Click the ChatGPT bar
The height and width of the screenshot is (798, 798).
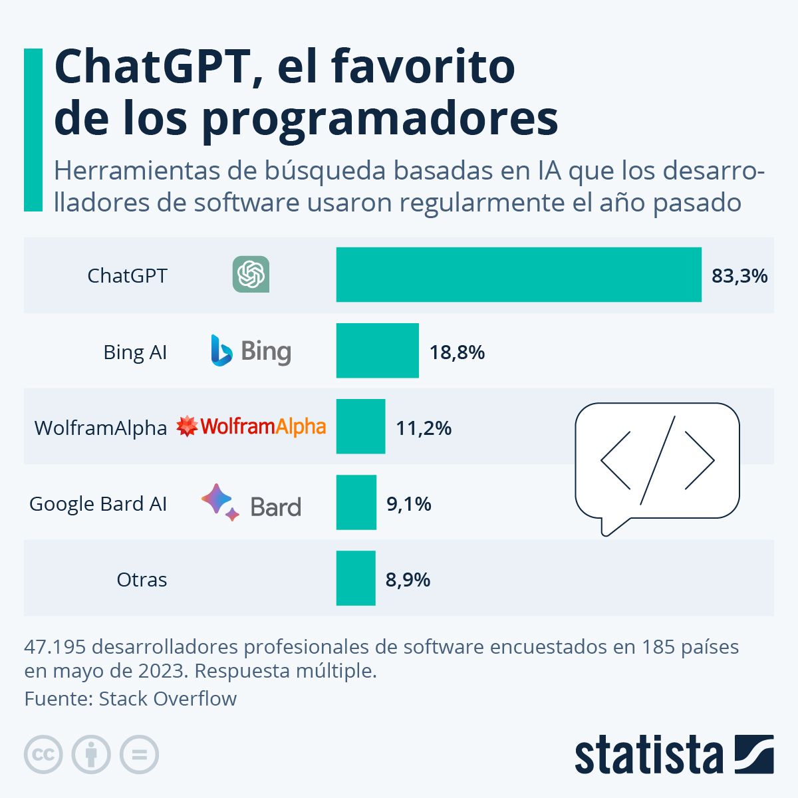pos(519,275)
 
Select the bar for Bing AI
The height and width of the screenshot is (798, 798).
pos(377,350)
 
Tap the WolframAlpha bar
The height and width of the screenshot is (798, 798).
pos(360,426)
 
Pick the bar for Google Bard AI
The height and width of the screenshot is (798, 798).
pos(356,502)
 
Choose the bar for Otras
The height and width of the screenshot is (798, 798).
pos(355,578)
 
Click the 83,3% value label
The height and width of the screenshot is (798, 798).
pos(739,275)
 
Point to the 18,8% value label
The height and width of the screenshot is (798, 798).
pos(457,352)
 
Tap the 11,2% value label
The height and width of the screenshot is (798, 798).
pos(424,428)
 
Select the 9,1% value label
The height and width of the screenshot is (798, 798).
pos(408,503)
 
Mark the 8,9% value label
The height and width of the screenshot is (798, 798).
pos(408,580)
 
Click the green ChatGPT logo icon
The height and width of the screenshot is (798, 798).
pos(251,274)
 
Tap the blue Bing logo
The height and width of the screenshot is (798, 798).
pos(221,350)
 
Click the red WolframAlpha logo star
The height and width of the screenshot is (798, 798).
pos(187,426)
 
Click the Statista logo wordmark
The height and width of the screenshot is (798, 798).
pos(648,755)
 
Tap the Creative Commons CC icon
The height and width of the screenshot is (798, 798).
pos(43,755)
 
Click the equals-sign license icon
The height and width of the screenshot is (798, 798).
pos(139,755)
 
